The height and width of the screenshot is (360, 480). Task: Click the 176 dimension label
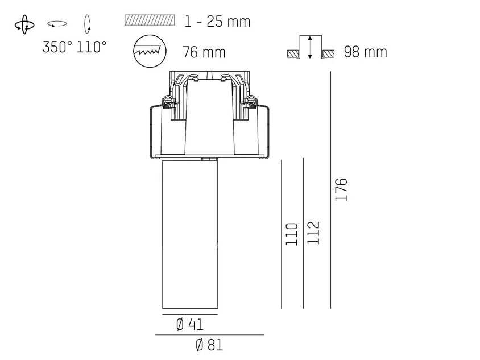(x=341, y=189)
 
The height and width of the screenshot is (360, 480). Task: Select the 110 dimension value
(x=292, y=234)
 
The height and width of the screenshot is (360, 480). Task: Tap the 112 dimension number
(x=313, y=233)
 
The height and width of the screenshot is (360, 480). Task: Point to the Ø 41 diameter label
(x=190, y=325)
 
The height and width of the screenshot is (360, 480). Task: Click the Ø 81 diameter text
(x=209, y=345)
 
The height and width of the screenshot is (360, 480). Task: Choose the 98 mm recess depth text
(x=366, y=52)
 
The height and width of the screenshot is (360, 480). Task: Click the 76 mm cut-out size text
(x=204, y=52)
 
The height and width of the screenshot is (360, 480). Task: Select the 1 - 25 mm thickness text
(x=218, y=22)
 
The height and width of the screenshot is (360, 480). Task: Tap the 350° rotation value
(x=57, y=47)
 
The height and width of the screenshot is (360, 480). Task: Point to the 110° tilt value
(x=92, y=47)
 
